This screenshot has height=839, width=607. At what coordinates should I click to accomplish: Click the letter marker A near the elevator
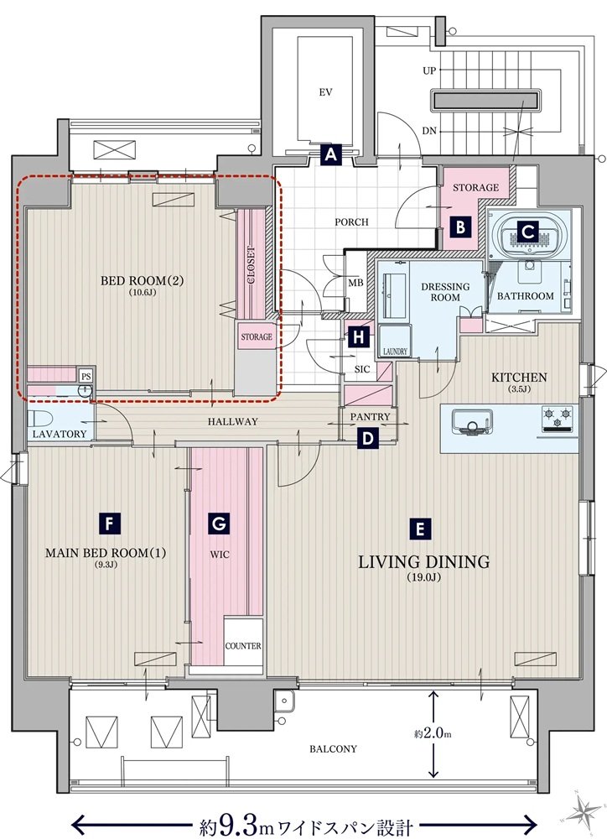pyautogui.click(x=331, y=155)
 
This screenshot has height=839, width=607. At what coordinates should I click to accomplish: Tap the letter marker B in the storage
pyautogui.click(x=460, y=227)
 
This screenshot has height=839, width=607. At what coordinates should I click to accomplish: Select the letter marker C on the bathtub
pyautogui.click(x=528, y=232)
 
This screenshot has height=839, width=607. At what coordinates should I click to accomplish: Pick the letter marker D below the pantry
pyautogui.click(x=368, y=438)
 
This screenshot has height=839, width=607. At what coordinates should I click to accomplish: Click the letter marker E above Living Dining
pyautogui.click(x=419, y=529)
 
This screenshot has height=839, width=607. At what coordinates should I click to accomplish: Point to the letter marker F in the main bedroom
pyautogui.click(x=110, y=523)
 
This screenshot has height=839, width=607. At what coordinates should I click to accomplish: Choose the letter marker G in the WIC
pyautogui.click(x=220, y=523)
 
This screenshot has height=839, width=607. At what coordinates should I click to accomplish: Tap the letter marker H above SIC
pyautogui.click(x=359, y=337)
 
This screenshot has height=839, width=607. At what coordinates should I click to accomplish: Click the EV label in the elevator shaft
pyautogui.click(x=325, y=92)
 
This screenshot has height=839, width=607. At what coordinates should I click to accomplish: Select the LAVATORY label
pyautogui.click(x=60, y=434)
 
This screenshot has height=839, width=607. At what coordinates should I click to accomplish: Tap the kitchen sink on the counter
pyautogui.click(x=472, y=420)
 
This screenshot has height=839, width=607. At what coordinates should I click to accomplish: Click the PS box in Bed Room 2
pyautogui.click(x=86, y=376)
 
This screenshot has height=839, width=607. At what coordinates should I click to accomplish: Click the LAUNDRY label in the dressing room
pyautogui.click(x=395, y=352)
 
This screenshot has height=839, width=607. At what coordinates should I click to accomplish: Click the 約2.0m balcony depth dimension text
pyautogui.click(x=433, y=733)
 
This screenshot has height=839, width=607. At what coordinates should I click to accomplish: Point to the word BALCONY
pyautogui.click(x=333, y=749)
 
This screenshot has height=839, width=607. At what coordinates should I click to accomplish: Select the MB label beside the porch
pyautogui.click(x=355, y=283)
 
